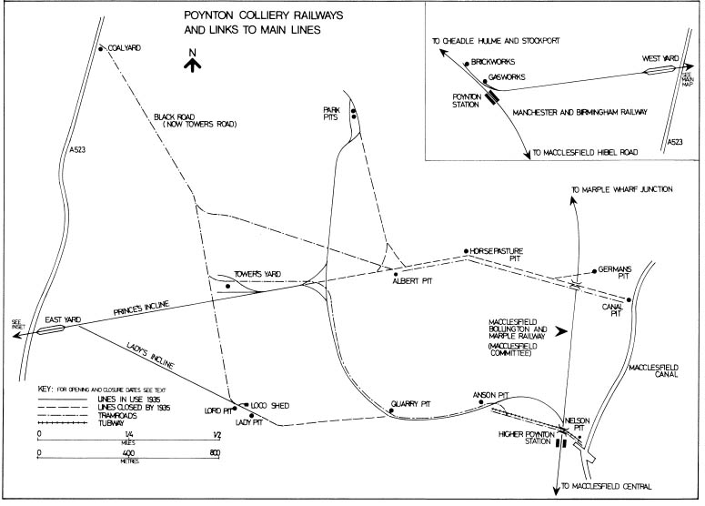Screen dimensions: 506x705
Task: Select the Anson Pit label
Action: (x=491, y=395)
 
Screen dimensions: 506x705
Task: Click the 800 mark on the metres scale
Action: (x=217, y=452)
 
